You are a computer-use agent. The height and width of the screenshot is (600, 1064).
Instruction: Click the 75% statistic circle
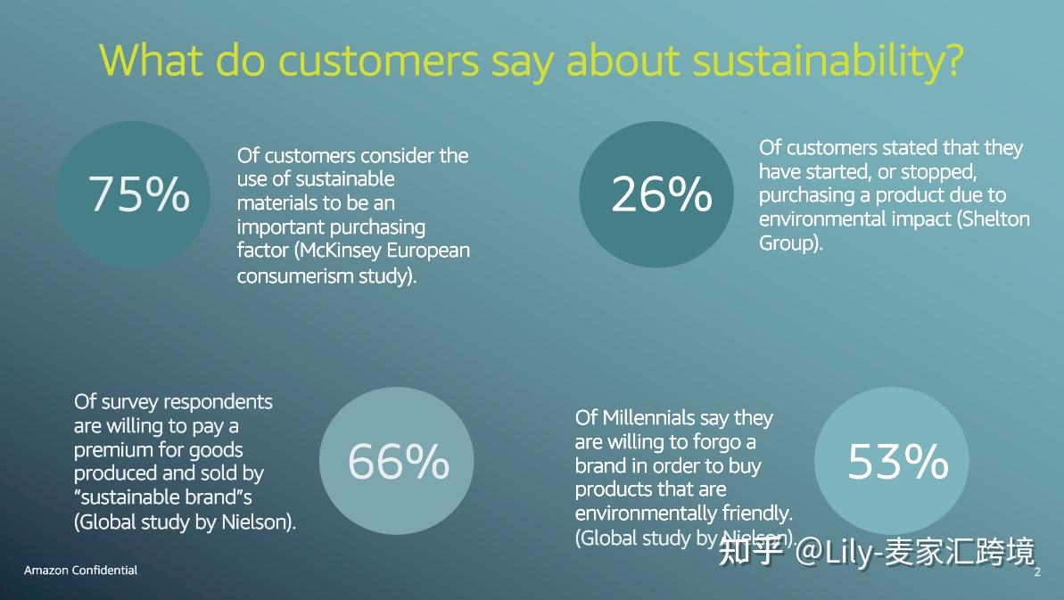[134, 194]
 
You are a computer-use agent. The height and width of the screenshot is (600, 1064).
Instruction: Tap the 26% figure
[661, 194]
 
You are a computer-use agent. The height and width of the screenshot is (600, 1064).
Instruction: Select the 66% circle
[397, 461]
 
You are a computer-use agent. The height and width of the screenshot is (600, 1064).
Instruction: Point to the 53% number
[896, 461]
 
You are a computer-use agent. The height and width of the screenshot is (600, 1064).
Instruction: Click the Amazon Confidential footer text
[80, 570]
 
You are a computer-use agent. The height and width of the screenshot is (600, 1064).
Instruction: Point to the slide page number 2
[1037, 572]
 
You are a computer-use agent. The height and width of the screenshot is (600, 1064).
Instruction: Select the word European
[433, 251]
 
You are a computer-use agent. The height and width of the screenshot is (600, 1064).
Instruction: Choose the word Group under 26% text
[787, 242]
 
